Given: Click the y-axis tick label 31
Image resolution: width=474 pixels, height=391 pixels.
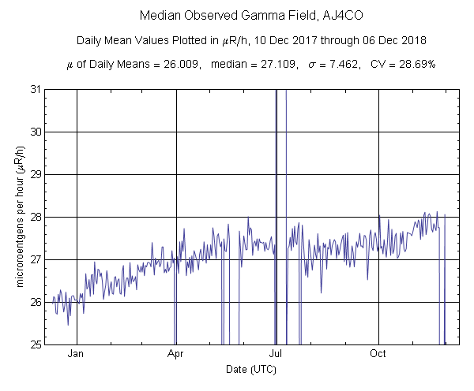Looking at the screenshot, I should point(36,89).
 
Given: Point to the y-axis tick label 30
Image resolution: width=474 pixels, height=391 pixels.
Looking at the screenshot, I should point(36,132).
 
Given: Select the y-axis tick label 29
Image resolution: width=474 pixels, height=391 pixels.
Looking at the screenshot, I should point(36,174).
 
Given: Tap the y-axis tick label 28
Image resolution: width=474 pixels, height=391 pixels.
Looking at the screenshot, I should point(36,217).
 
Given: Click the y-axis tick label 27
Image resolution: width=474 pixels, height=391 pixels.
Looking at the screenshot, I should point(36,259).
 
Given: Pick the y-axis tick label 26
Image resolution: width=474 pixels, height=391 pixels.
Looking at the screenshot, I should point(36,302).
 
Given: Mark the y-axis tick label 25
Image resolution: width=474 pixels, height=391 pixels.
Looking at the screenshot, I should point(36,344).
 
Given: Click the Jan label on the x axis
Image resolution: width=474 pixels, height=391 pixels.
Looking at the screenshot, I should point(77,354).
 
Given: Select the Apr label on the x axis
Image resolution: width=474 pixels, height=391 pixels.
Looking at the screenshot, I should point(175,354).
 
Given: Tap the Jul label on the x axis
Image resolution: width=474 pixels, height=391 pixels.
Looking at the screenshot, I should point(276,354).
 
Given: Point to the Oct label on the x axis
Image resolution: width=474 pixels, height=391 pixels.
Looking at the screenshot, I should point(379,354).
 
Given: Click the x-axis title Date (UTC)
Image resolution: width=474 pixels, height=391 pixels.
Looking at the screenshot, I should point(250,369).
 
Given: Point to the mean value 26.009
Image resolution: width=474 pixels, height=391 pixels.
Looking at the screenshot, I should point(171,64).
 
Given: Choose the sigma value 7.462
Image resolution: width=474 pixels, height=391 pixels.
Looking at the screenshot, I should point(335,64).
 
